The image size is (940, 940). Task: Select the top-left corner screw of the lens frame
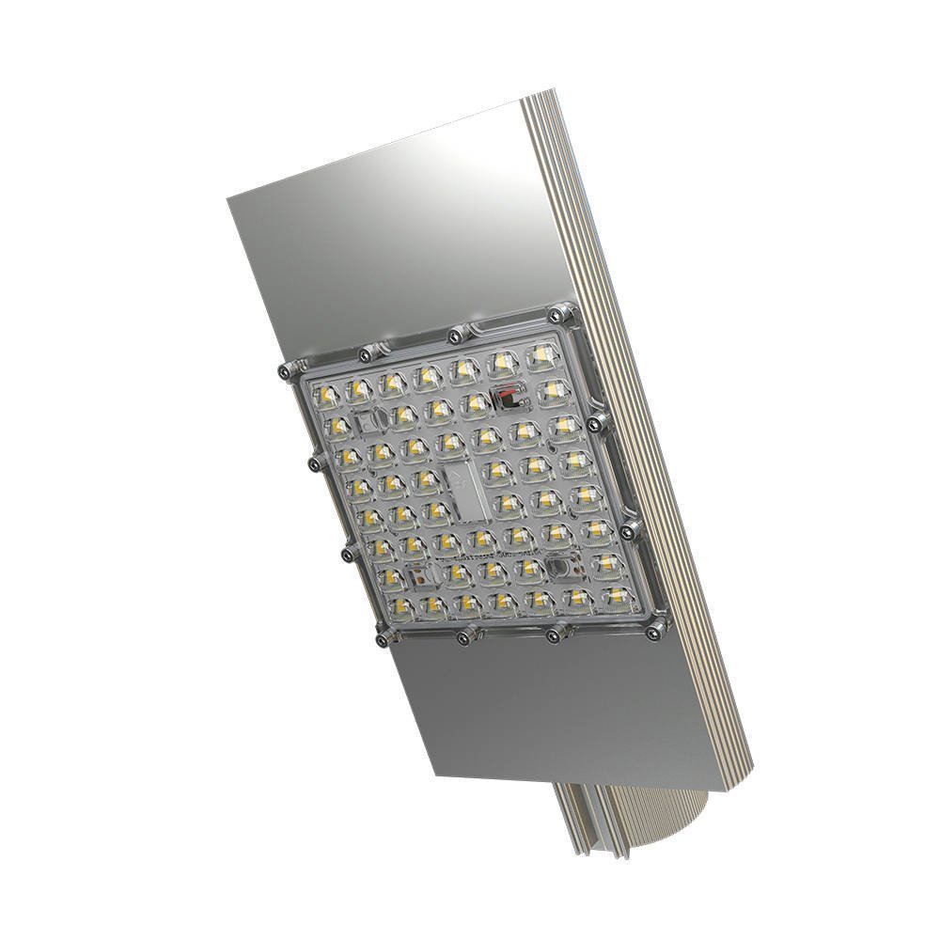[284, 371]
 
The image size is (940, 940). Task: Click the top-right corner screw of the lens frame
[562, 312]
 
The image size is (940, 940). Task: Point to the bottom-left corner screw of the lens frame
[382, 640]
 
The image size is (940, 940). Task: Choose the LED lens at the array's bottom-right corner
[614, 597]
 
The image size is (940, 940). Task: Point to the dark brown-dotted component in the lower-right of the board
[561, 566]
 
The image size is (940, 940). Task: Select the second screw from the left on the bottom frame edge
[464, 638]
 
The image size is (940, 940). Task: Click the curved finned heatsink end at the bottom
[620, 827]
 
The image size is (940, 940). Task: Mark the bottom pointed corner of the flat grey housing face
[438, 779]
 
